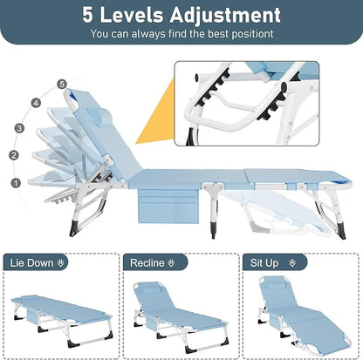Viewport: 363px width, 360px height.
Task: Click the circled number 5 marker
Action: pyautogui.click(x=61, y=84)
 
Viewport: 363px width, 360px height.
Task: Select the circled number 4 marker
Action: pyautogui.click(x=36, y=102)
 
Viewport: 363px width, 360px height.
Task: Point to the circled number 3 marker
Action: pyautogui.click(x=18, y=128)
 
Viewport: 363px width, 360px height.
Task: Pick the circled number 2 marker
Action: pyautogui.click(x=13, y=155)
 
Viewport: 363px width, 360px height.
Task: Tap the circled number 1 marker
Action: pyautogui.click(x=14, y=183)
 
